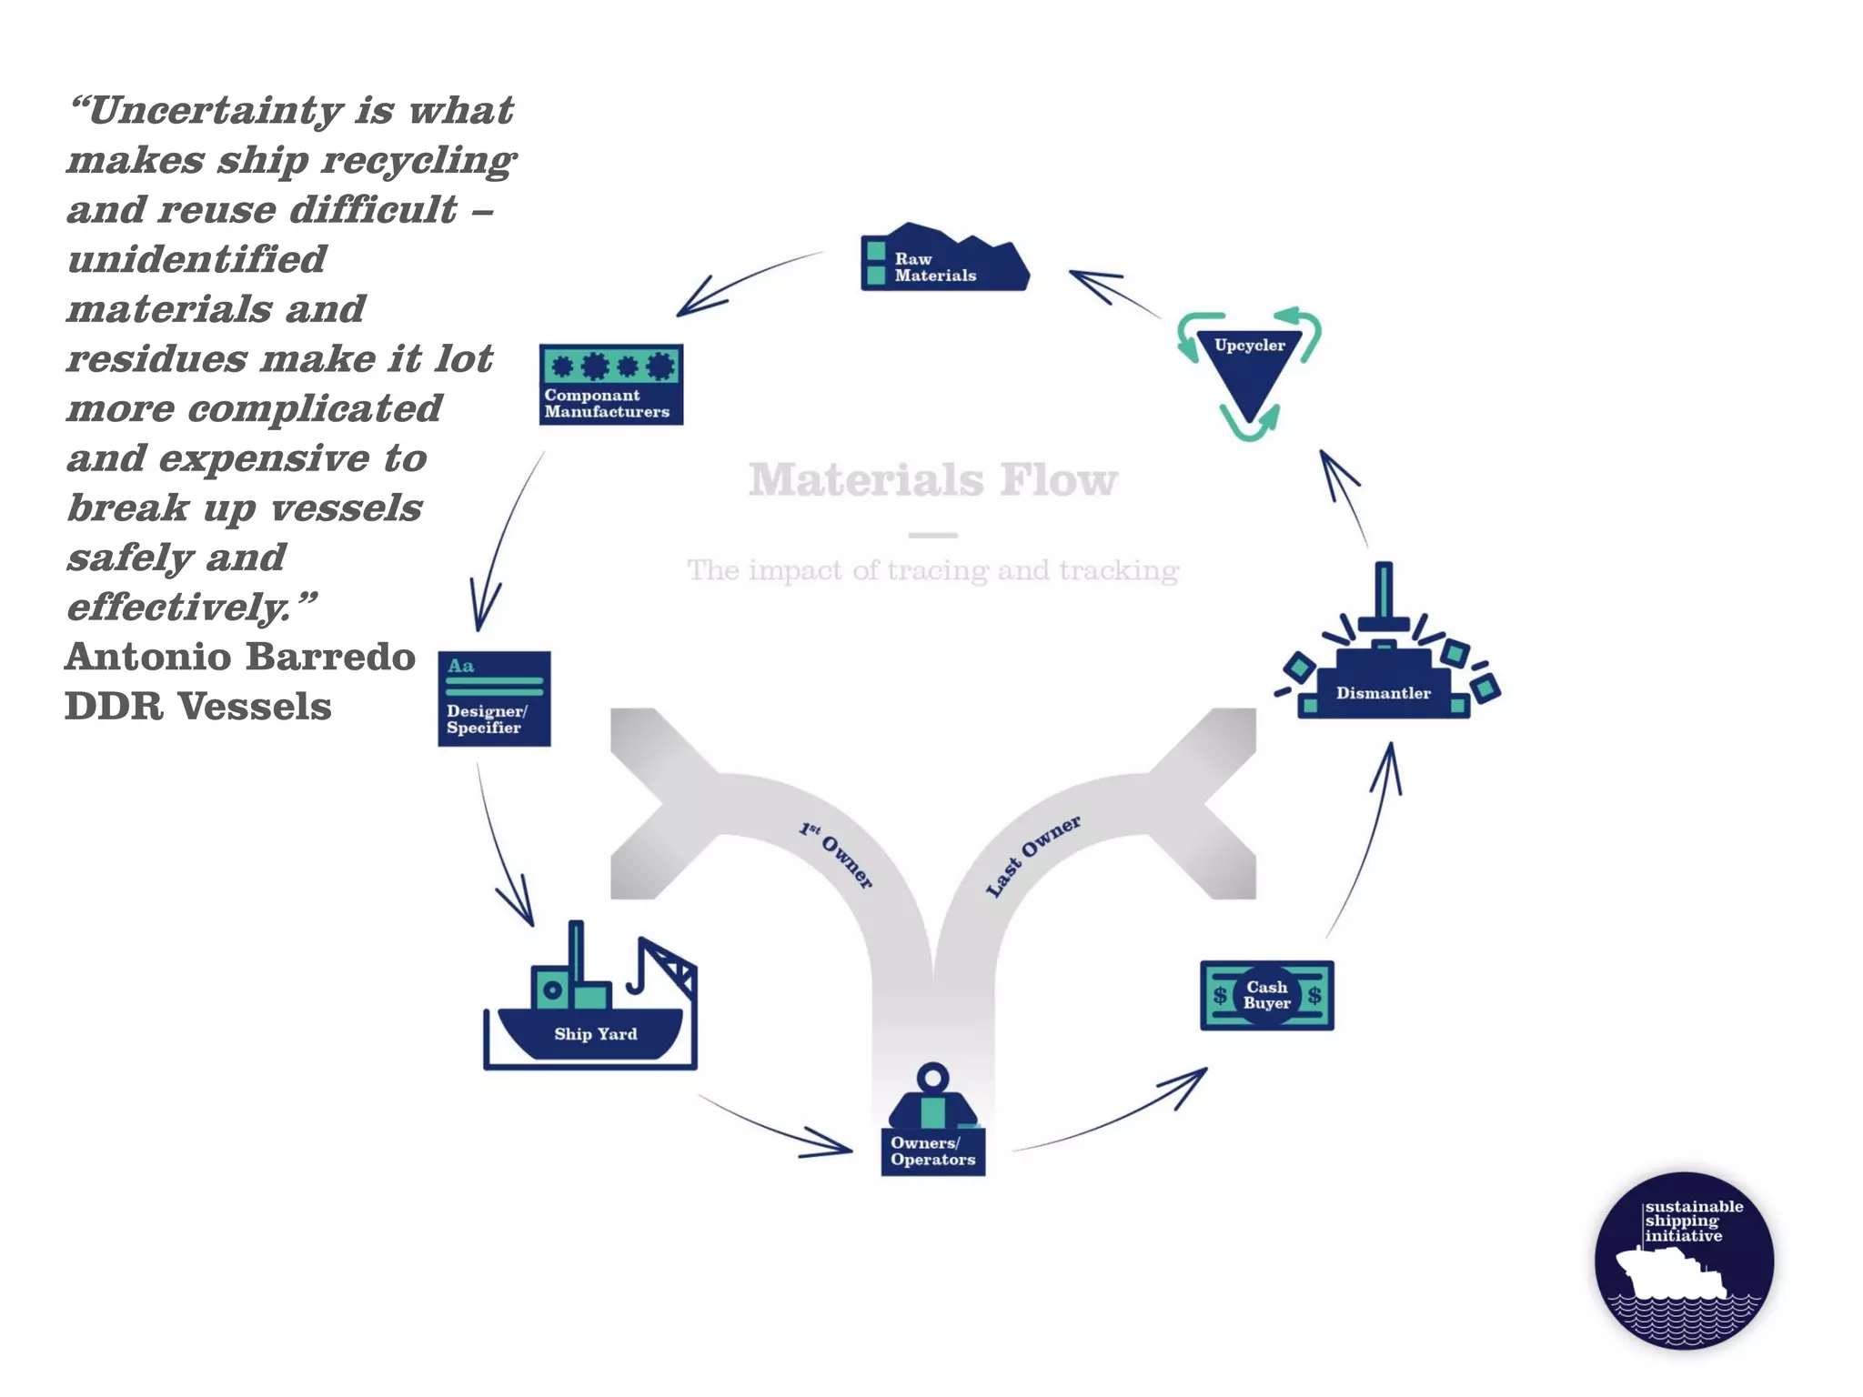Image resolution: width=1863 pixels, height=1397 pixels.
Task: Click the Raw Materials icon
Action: [944, 261]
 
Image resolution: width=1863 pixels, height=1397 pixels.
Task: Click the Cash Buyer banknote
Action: [1266, 995]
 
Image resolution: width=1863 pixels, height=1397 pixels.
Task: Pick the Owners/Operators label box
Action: [932, 1151]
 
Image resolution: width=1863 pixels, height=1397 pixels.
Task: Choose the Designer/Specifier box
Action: [494, 698]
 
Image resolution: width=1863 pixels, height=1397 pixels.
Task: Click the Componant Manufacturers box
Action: [610, 385]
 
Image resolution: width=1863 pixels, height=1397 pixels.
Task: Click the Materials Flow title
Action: [932, 479]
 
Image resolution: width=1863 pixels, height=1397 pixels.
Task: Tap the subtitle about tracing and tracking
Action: [932, 570]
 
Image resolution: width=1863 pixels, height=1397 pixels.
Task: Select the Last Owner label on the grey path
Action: [1032, 855]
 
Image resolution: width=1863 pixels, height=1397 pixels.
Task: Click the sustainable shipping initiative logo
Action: [1684, 1261]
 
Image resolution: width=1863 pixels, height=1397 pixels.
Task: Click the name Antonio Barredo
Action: [240, 657]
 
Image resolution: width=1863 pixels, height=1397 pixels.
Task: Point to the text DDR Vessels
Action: [198, 707]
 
